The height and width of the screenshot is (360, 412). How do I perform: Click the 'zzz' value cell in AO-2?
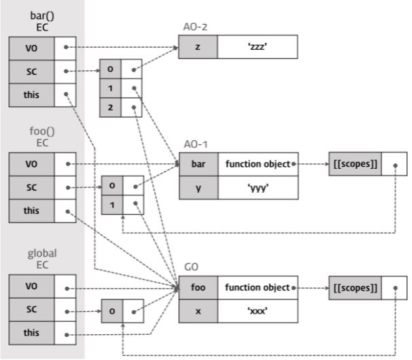pos(258,48)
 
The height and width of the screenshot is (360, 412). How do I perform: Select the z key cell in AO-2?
pos(198,48)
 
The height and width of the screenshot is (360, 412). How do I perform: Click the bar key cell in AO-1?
pos(198,164)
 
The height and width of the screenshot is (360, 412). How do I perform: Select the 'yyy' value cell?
pos(258,187)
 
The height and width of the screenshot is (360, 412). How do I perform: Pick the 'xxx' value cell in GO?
pos(258,311)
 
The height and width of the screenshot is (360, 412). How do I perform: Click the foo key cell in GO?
pos(198,288)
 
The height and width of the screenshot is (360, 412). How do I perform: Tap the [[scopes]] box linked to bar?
pos(355,164)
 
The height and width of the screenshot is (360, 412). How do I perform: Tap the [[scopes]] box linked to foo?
pos(355,288)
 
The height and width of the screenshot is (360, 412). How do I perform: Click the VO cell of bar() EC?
pos(31,48)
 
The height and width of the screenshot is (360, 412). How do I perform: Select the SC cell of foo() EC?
pos(31,187)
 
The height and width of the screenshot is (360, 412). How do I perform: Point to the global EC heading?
pos(42,259)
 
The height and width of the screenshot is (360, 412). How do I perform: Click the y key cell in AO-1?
pos(198,187)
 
